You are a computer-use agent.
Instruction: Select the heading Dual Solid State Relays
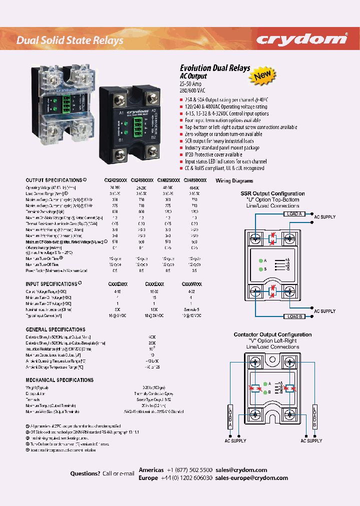point(69,40)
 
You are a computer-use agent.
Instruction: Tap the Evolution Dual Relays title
point(214,68)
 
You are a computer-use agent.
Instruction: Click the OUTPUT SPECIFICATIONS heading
point(54,180)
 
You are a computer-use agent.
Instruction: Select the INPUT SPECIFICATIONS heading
point(51,283)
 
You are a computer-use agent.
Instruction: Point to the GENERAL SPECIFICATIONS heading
point(55,329)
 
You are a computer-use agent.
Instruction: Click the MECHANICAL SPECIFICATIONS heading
point(59,380)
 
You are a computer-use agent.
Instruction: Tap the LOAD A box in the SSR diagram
point(294,214)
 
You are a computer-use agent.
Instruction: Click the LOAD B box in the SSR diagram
point(294,316)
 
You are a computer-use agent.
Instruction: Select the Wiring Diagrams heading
point(234,181)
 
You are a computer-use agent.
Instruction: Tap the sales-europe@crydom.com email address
point(251,478)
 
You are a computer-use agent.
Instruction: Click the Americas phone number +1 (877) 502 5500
point(189,470)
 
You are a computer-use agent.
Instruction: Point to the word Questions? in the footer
point(85,473)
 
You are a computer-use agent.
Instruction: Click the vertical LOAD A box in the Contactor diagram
point(230,416)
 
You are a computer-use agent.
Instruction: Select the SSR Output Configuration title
point(272,193)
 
